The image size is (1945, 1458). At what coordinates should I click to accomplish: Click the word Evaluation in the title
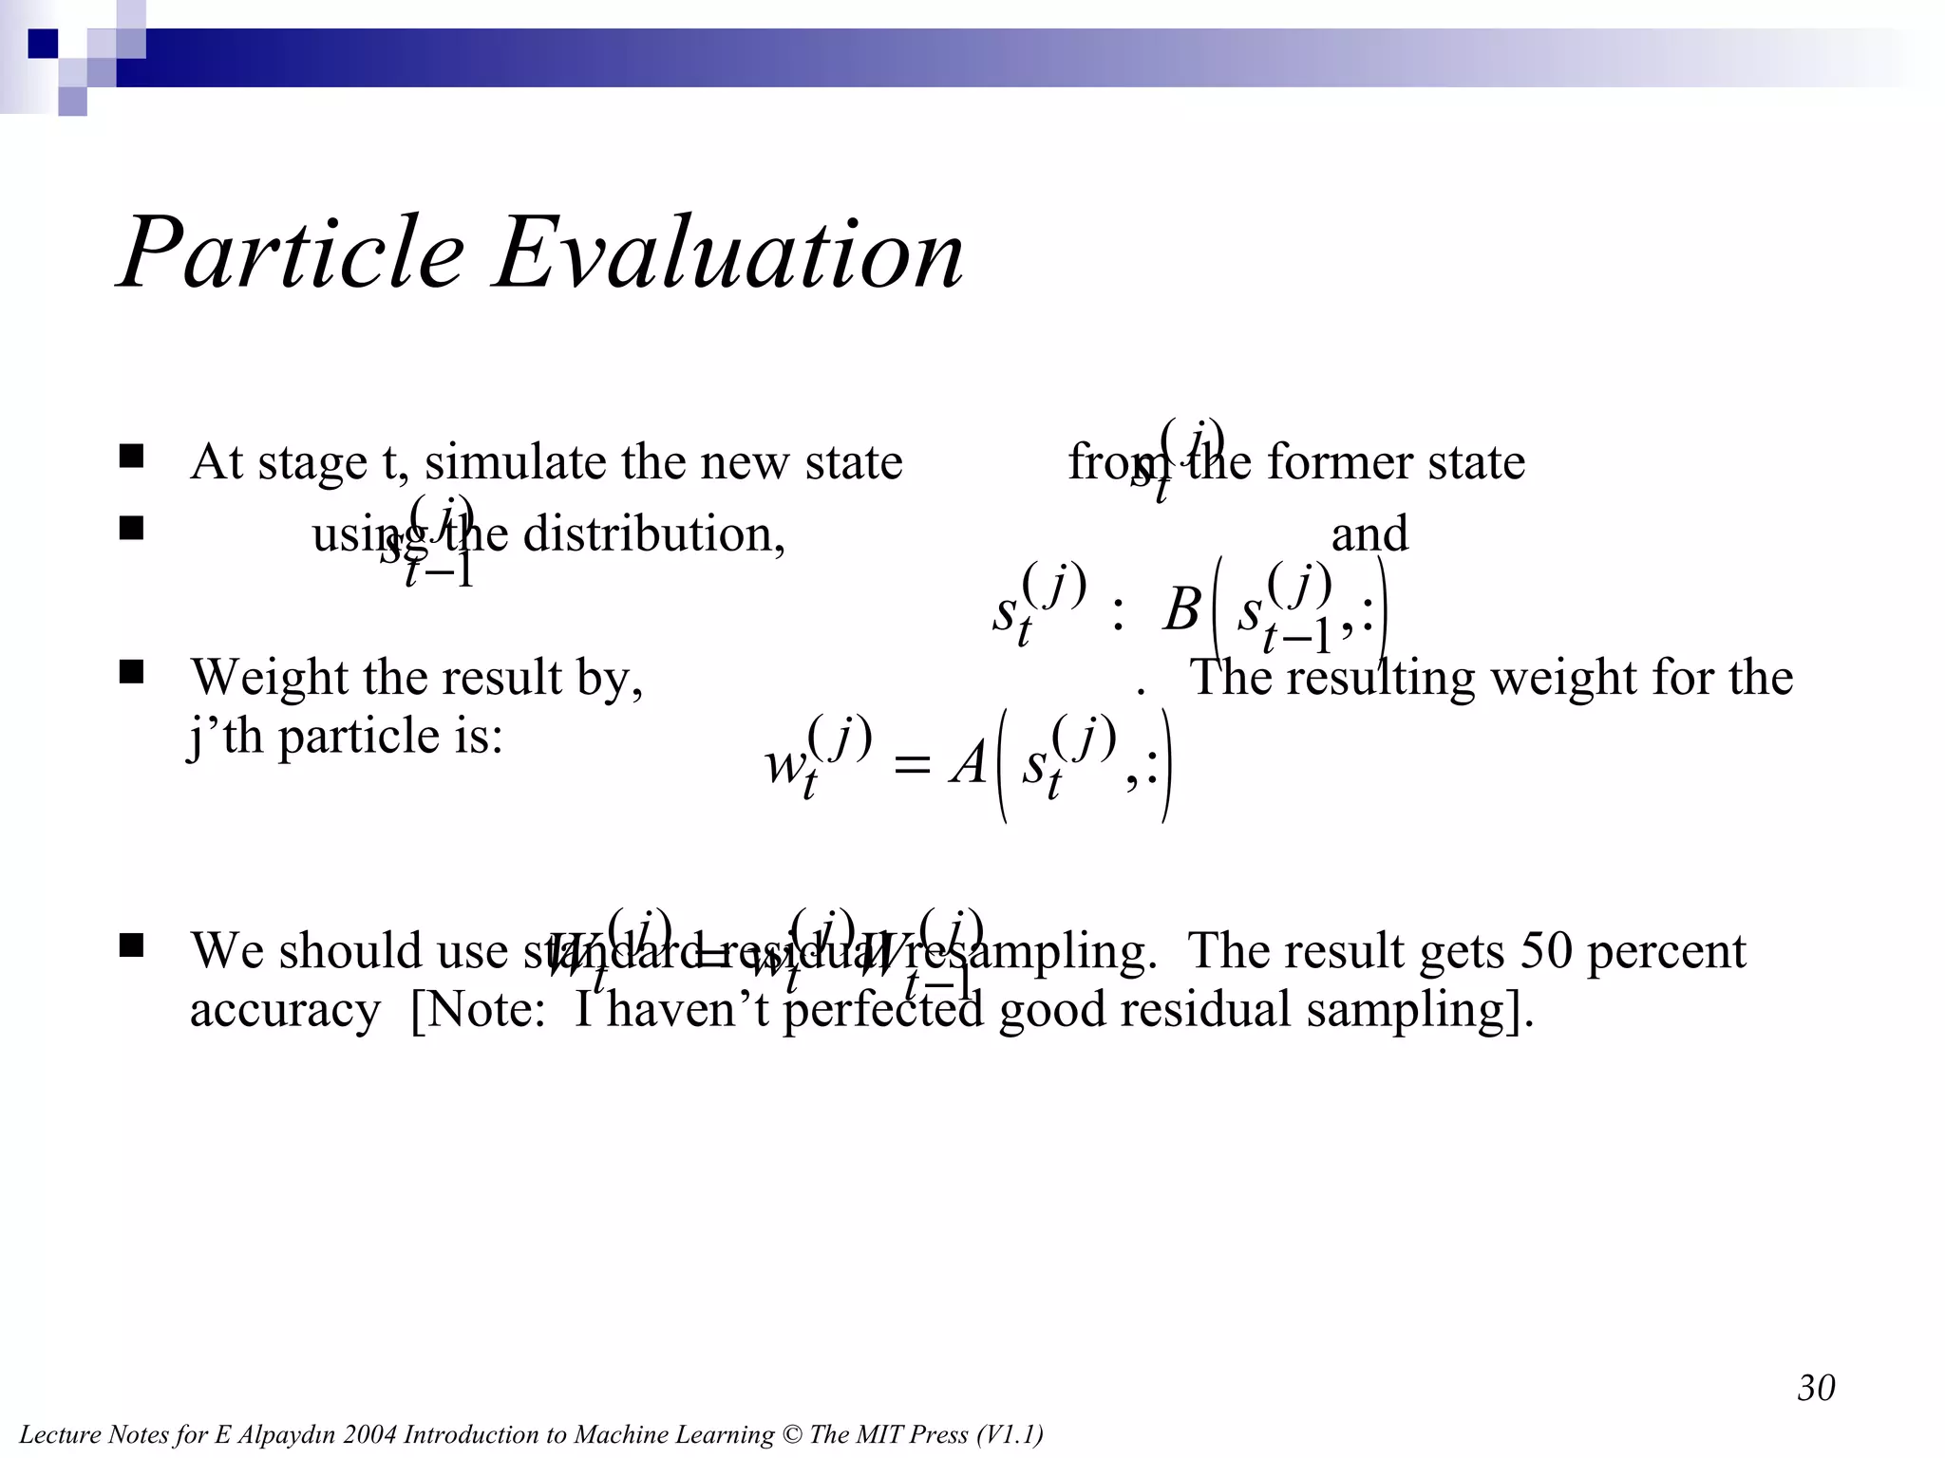coord(728,253)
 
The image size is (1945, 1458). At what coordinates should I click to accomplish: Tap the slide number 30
coord(1816,1388)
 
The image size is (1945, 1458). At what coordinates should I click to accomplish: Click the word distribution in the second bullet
coord(652,533)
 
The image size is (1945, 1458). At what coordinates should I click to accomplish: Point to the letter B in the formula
coord(1181,609)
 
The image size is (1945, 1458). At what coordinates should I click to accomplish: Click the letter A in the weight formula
coord(969,764)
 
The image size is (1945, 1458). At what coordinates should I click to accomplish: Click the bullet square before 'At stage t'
coord(131,457)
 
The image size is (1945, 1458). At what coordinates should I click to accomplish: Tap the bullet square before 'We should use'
coord(131,944)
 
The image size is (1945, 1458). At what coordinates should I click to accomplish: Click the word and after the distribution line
coord(1369,533)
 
